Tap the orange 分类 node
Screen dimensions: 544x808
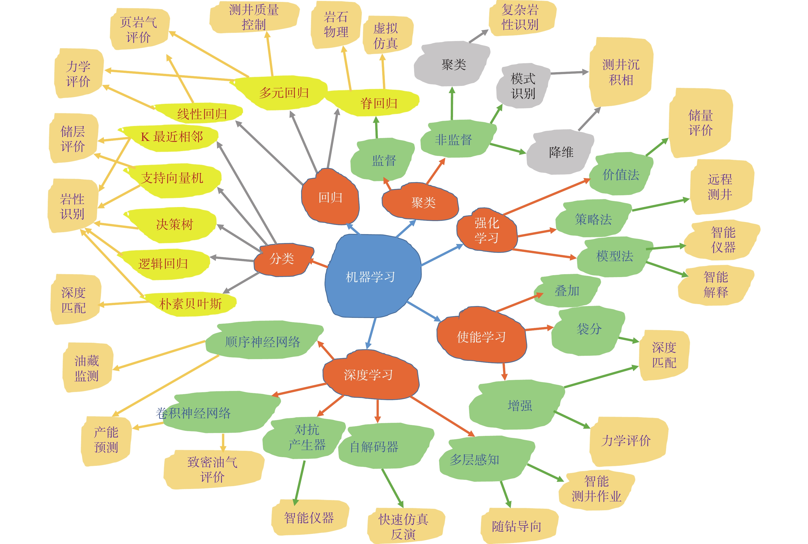click(282, 259)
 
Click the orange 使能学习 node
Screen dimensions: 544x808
click(482, 336)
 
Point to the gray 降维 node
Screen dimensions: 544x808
click(561, 152)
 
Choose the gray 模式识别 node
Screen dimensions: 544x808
click(523, 86)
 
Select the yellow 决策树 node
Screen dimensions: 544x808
click(174, 224)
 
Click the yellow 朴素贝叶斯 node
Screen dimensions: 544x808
click(190, 304)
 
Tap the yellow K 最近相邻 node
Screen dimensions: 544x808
click(172, 137)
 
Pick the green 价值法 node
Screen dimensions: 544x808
click(621, 174)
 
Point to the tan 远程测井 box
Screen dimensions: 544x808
click(720, 187)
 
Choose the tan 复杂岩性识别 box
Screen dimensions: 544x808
click(520, 17)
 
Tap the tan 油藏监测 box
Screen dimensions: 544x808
click(87, 368)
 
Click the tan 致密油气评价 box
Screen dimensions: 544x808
click(213, 469)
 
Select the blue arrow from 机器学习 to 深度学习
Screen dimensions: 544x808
click(372, 333)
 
